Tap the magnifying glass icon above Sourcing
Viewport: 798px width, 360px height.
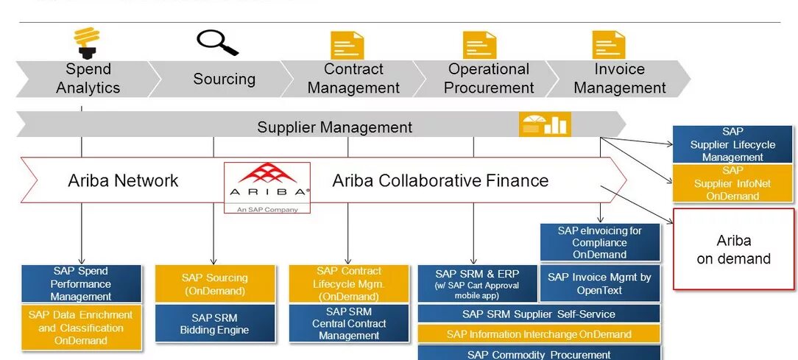pos(218,43)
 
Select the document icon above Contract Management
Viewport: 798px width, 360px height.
pos(347,45)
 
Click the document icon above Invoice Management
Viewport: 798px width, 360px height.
pos(609,45)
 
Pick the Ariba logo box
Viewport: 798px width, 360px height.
pos(267,188)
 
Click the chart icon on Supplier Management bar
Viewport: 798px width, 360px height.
pos(545,124)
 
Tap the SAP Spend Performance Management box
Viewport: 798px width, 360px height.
pos(81,284)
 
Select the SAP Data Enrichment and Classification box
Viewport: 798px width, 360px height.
pos(81,328)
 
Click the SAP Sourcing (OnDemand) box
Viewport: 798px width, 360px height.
pos(214,284)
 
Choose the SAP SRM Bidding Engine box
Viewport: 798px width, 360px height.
pos(214,323)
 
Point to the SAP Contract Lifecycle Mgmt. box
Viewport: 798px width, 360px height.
pos(349,284)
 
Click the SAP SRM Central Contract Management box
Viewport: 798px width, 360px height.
pos(349,323)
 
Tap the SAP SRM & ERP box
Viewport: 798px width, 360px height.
pos(477,284)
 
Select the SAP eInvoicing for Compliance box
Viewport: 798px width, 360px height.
pos(600,242)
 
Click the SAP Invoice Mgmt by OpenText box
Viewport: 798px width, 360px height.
pos(600,283)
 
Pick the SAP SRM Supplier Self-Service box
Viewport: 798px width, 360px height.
pos(539,314)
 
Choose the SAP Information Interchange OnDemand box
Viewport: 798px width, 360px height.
pos(539,334)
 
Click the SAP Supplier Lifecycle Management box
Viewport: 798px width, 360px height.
pos(732,144)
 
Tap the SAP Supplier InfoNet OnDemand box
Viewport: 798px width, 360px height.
pos(732,183)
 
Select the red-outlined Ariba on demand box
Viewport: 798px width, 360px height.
pos(733,250)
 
